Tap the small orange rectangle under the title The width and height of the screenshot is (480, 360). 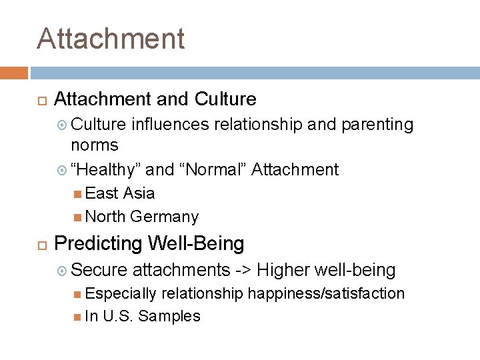pos(13,73)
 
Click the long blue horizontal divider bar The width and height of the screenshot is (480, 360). pos(255,73)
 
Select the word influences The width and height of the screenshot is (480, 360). pos(169,125)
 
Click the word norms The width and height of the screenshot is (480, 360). pos(95,145)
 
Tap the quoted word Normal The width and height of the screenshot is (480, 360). pos(214,170)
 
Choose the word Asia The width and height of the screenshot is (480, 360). pos(139,193)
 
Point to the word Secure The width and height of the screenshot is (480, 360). pos(99,270)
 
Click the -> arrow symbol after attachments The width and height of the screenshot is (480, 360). pos(243,270)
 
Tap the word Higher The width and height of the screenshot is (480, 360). pos(284,270)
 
